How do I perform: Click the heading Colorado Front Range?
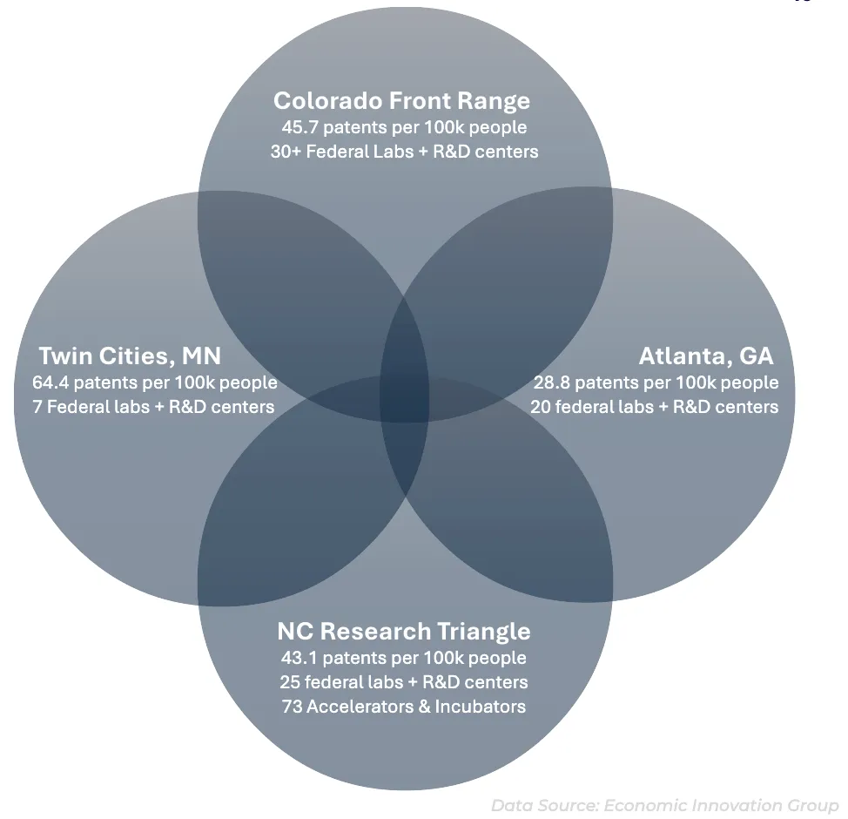(401, 100)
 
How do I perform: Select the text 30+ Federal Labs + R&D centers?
(403, 152)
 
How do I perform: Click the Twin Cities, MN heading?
(130, 355)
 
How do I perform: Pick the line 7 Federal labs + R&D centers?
(152, 407)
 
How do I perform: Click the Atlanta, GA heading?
(705, 355)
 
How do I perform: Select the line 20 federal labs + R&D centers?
(654, 407)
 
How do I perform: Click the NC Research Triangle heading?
(403, 631)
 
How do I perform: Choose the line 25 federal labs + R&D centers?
(403, 681)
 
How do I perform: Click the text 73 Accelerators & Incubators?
(403, 706)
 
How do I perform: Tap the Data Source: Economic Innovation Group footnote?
(664, 805)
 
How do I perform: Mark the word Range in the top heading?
(495, 101)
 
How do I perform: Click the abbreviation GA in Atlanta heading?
(754, 355)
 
